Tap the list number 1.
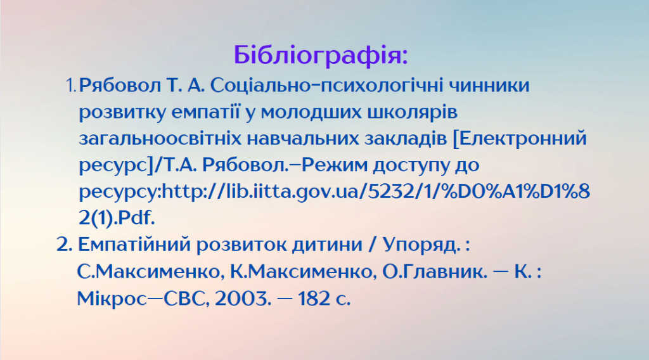71,85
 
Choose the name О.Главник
426,272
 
